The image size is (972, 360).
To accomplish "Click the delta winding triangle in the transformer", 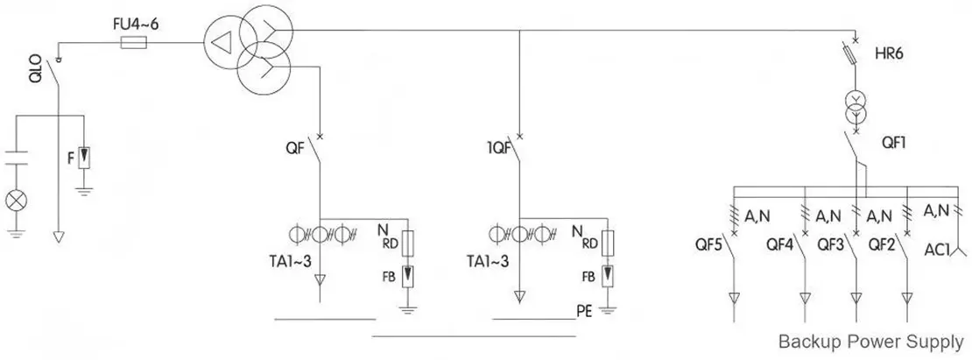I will (x=222, y=39).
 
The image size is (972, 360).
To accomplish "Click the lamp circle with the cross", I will (x=16, y=200).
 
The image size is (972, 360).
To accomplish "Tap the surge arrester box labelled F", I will (x=84, y=159).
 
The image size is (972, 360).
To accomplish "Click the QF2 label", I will (x=881, y=244).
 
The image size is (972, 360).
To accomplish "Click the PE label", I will (x=585, y=310).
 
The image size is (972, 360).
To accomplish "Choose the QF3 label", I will (x=831, y=244).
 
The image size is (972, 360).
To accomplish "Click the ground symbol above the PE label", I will (x=610, y=303).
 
